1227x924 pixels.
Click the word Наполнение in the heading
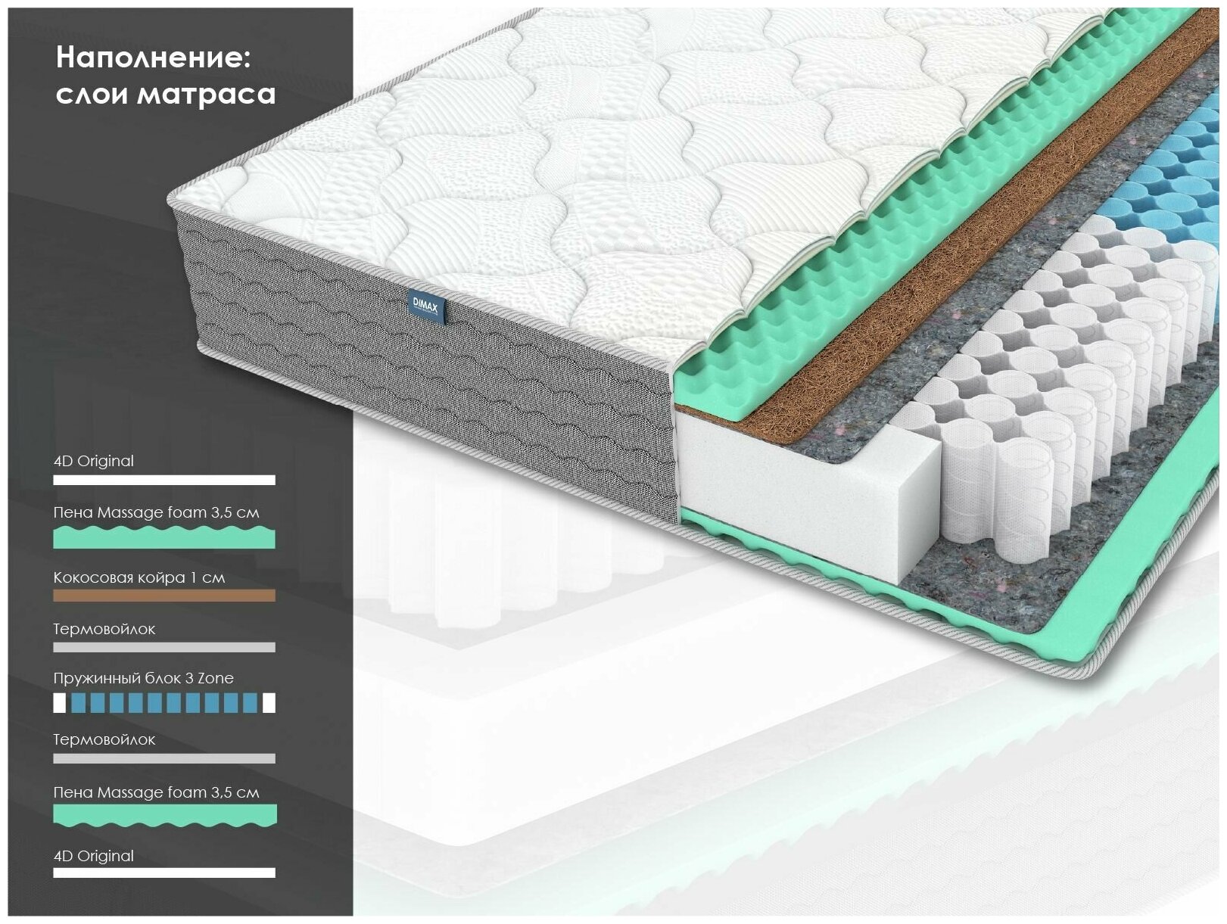click(x=153, y=58)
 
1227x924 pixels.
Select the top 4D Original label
click(x=94, y=461)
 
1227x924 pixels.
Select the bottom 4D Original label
click(x=94, y=856)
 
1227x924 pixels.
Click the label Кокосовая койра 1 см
click(x=139, y=577)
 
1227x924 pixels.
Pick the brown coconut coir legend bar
click(x=164, y=596)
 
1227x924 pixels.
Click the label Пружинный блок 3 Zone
click(x=143, y=678)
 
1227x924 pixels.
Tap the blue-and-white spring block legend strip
click(x=164, y=703)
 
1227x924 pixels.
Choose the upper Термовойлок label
click(x=104, y=629)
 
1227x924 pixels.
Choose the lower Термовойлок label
click(x=104, y=739)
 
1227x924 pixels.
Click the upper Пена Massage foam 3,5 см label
click(x=156, y=512)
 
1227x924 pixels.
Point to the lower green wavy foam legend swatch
click(x=164, y=815)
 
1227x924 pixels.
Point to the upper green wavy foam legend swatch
click(x=164, y=537)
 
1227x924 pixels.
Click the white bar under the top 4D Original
click(x=164, y=480)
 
